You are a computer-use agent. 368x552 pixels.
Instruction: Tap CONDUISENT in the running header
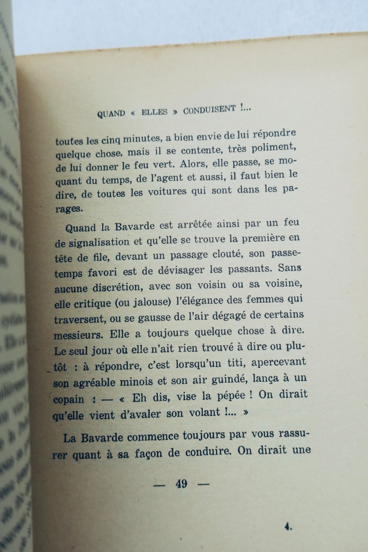point(209,110)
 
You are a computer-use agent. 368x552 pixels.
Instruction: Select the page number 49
point(181,484)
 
